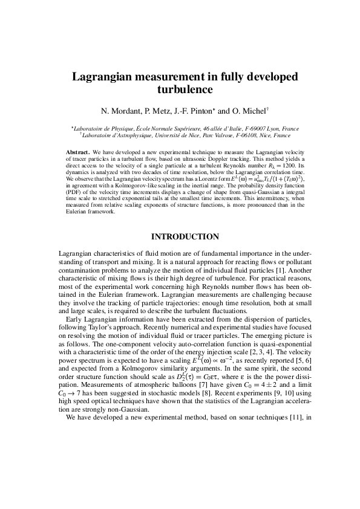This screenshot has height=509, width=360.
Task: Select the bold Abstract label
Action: (x=78, y=149)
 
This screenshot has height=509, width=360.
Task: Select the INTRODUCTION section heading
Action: (x=180, y=236)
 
